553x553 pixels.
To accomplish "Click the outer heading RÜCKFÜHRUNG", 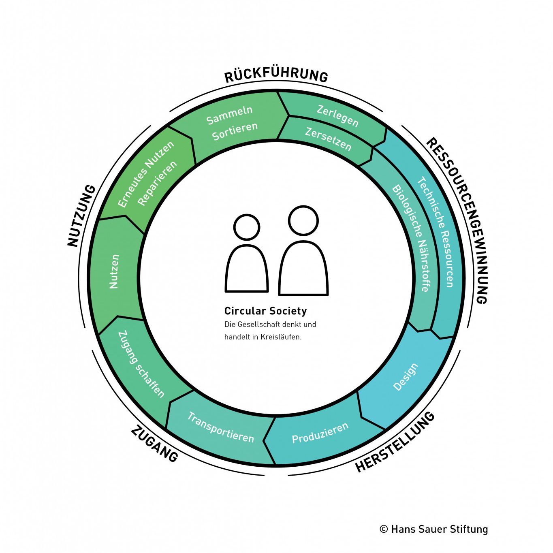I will (276, 76).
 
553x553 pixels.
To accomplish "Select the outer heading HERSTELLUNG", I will (395, 442).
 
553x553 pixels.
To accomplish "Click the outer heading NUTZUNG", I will (81, 216).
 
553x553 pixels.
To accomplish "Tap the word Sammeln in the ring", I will (229, 115).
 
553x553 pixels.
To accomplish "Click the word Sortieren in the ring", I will (235, 131).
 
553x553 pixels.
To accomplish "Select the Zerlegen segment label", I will (337, 116).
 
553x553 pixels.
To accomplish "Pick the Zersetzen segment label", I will (328, 139).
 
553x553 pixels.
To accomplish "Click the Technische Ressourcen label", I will (436, 232).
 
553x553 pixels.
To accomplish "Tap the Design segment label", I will (405, 377).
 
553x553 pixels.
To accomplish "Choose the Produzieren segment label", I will (320, 433).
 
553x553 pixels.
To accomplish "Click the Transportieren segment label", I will (221, 427).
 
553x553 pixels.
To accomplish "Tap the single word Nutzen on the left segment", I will (114, 271).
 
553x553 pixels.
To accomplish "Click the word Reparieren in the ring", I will (157, 183).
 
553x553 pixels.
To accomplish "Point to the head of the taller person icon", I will (303, 221).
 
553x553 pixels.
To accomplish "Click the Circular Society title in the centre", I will (265, 311).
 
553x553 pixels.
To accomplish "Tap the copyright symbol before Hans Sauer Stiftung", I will (383, 529).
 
